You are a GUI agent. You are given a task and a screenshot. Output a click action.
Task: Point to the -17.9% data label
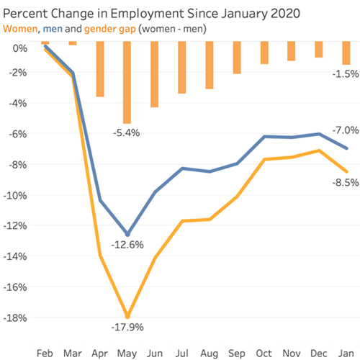pyautogui.click(x=127, y=328)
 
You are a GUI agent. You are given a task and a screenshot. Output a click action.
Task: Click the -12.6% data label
pyautogui.click(x=127, y=245)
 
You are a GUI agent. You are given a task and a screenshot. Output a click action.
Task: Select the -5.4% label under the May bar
pyautogui.click(x=125, y=132)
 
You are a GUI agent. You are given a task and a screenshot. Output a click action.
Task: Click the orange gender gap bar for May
pyautogui.click(x=127, y=82)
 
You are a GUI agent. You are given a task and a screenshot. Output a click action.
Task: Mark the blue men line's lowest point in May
pyautogui.click(x=127, y=235)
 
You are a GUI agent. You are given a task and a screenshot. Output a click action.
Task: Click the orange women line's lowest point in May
pyautogui.click(x=127, y=316)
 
